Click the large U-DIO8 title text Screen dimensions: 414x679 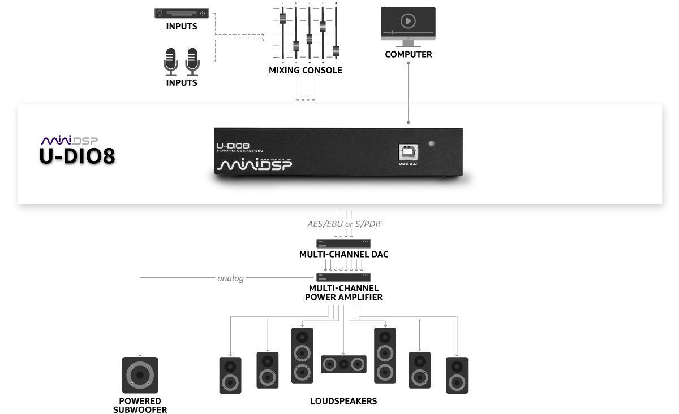point(77,157)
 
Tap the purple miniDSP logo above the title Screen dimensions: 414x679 point(70,140)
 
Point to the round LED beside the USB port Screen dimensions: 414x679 point(432,144)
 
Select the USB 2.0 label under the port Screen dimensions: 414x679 point(408,164)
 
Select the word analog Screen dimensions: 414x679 point(230,278)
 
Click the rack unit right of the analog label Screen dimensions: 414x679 point(343,277)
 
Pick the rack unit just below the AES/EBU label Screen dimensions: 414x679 point(343,243)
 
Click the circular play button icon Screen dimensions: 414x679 point(408,21)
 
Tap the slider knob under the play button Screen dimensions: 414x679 point(392,32)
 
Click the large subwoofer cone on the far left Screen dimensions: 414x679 point(140,375)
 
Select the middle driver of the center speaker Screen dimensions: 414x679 point(343,364)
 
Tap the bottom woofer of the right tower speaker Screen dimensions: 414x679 point(385,372)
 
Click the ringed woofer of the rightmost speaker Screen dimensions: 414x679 point(457,382)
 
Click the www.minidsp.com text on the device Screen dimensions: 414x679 point(276,159)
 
